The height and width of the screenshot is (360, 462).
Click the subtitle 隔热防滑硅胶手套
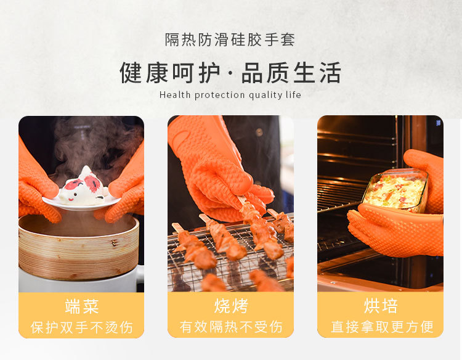click(230, 40)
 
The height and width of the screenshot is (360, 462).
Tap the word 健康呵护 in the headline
click(170, 73)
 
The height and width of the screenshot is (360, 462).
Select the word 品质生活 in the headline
click(291, 73)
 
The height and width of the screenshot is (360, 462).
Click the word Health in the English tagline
click(175, 95)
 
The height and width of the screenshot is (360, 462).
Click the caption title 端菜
click(81, 306)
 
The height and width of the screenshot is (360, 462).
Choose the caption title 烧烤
click(231, 306)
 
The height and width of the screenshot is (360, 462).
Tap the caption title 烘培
click(381, 306)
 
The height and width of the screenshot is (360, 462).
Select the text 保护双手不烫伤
click(81, 327)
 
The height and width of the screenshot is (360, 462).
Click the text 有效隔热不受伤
click(231, 327)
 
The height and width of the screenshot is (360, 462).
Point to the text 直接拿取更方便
click(382, 327)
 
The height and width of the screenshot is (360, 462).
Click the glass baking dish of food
click(395, 190)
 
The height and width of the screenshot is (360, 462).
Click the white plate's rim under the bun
click(81, 207)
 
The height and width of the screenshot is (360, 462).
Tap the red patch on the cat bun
click(94, 184)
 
